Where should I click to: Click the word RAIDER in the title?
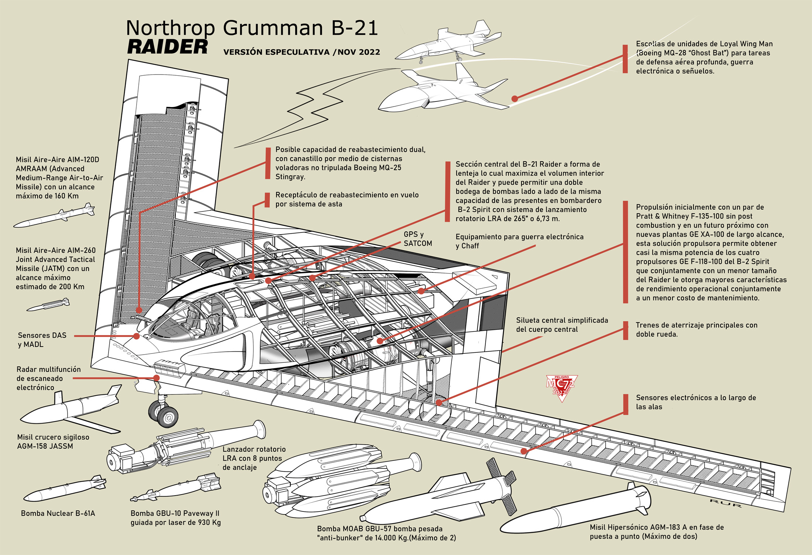(x=168, y=47)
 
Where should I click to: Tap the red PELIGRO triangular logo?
(x=561, y=387)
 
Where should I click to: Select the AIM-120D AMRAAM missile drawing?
(x=55, y=216)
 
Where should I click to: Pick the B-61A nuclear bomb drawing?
(x=65, y=488)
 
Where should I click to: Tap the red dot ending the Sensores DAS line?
(x=137, y=336)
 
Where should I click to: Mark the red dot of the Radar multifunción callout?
(x=156, y=378)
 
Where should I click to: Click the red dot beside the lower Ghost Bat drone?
(x=515, y=99)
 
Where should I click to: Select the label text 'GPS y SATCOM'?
(x=417, y=239)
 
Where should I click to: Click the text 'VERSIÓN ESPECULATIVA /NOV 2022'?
(x=302, y=52)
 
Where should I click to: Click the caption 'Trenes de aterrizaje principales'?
(x=696, y=325)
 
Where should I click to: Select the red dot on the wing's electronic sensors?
(x=524, y=451)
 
